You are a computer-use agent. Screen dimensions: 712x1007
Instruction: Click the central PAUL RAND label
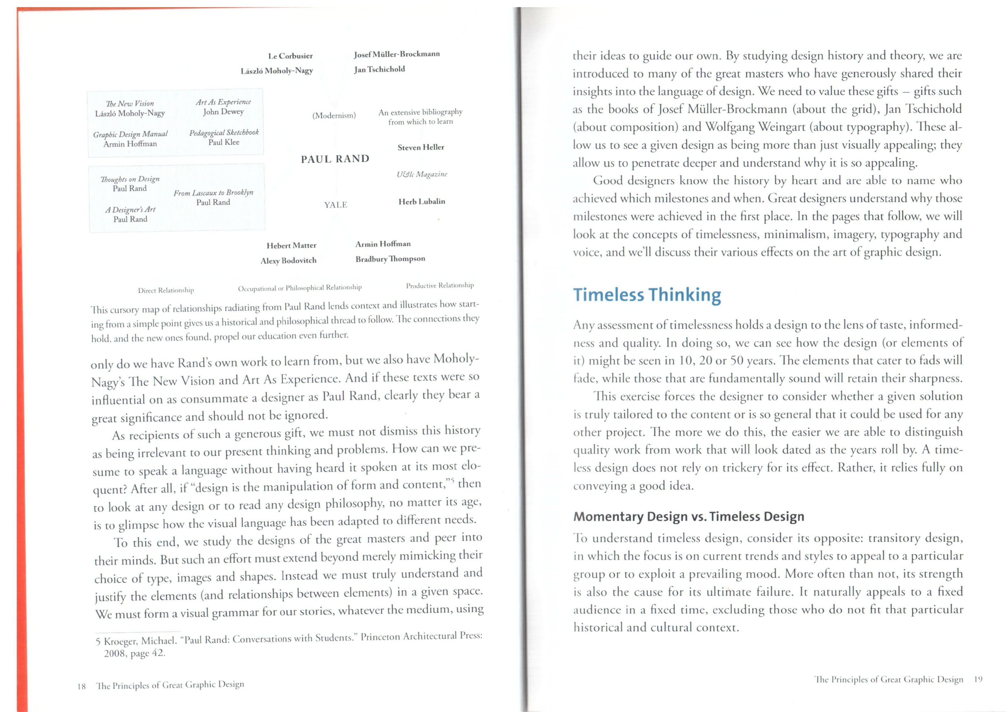click(x=335, y=159)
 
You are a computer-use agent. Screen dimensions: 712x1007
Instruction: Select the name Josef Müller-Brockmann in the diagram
click(x=396, y=54)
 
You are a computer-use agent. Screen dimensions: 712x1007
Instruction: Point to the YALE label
click(x=336, y=205)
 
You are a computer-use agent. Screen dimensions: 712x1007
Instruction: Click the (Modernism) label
click(x=334, y=115)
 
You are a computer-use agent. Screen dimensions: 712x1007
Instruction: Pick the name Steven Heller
click(x=421, y=147)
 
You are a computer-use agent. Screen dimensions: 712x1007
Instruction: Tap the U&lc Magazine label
click(x=421, y=174)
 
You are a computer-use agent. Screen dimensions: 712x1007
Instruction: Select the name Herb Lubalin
click(x=421, y=201)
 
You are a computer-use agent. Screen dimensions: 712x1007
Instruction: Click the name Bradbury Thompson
click(x=390, y=259)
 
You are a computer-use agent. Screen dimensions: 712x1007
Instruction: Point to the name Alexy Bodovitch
click(x=288, y=261)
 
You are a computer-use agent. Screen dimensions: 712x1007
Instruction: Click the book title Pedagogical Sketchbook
click(x=224, y=132)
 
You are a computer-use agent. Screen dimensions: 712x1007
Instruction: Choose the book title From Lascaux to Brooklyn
click(x=213, y=193)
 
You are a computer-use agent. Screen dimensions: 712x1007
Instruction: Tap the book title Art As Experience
click(x=223, y=102)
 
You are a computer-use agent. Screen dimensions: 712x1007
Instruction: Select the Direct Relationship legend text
click(x=166, y=291)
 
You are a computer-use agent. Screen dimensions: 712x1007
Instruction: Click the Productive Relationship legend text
click(x=439, y=286)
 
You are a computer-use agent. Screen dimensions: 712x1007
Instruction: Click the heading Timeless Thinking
click(x=647, y=295)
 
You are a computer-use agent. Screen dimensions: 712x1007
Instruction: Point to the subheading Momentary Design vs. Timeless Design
click(x=689, y=516)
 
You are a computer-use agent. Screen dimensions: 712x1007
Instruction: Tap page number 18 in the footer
click(x=82, y=686)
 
